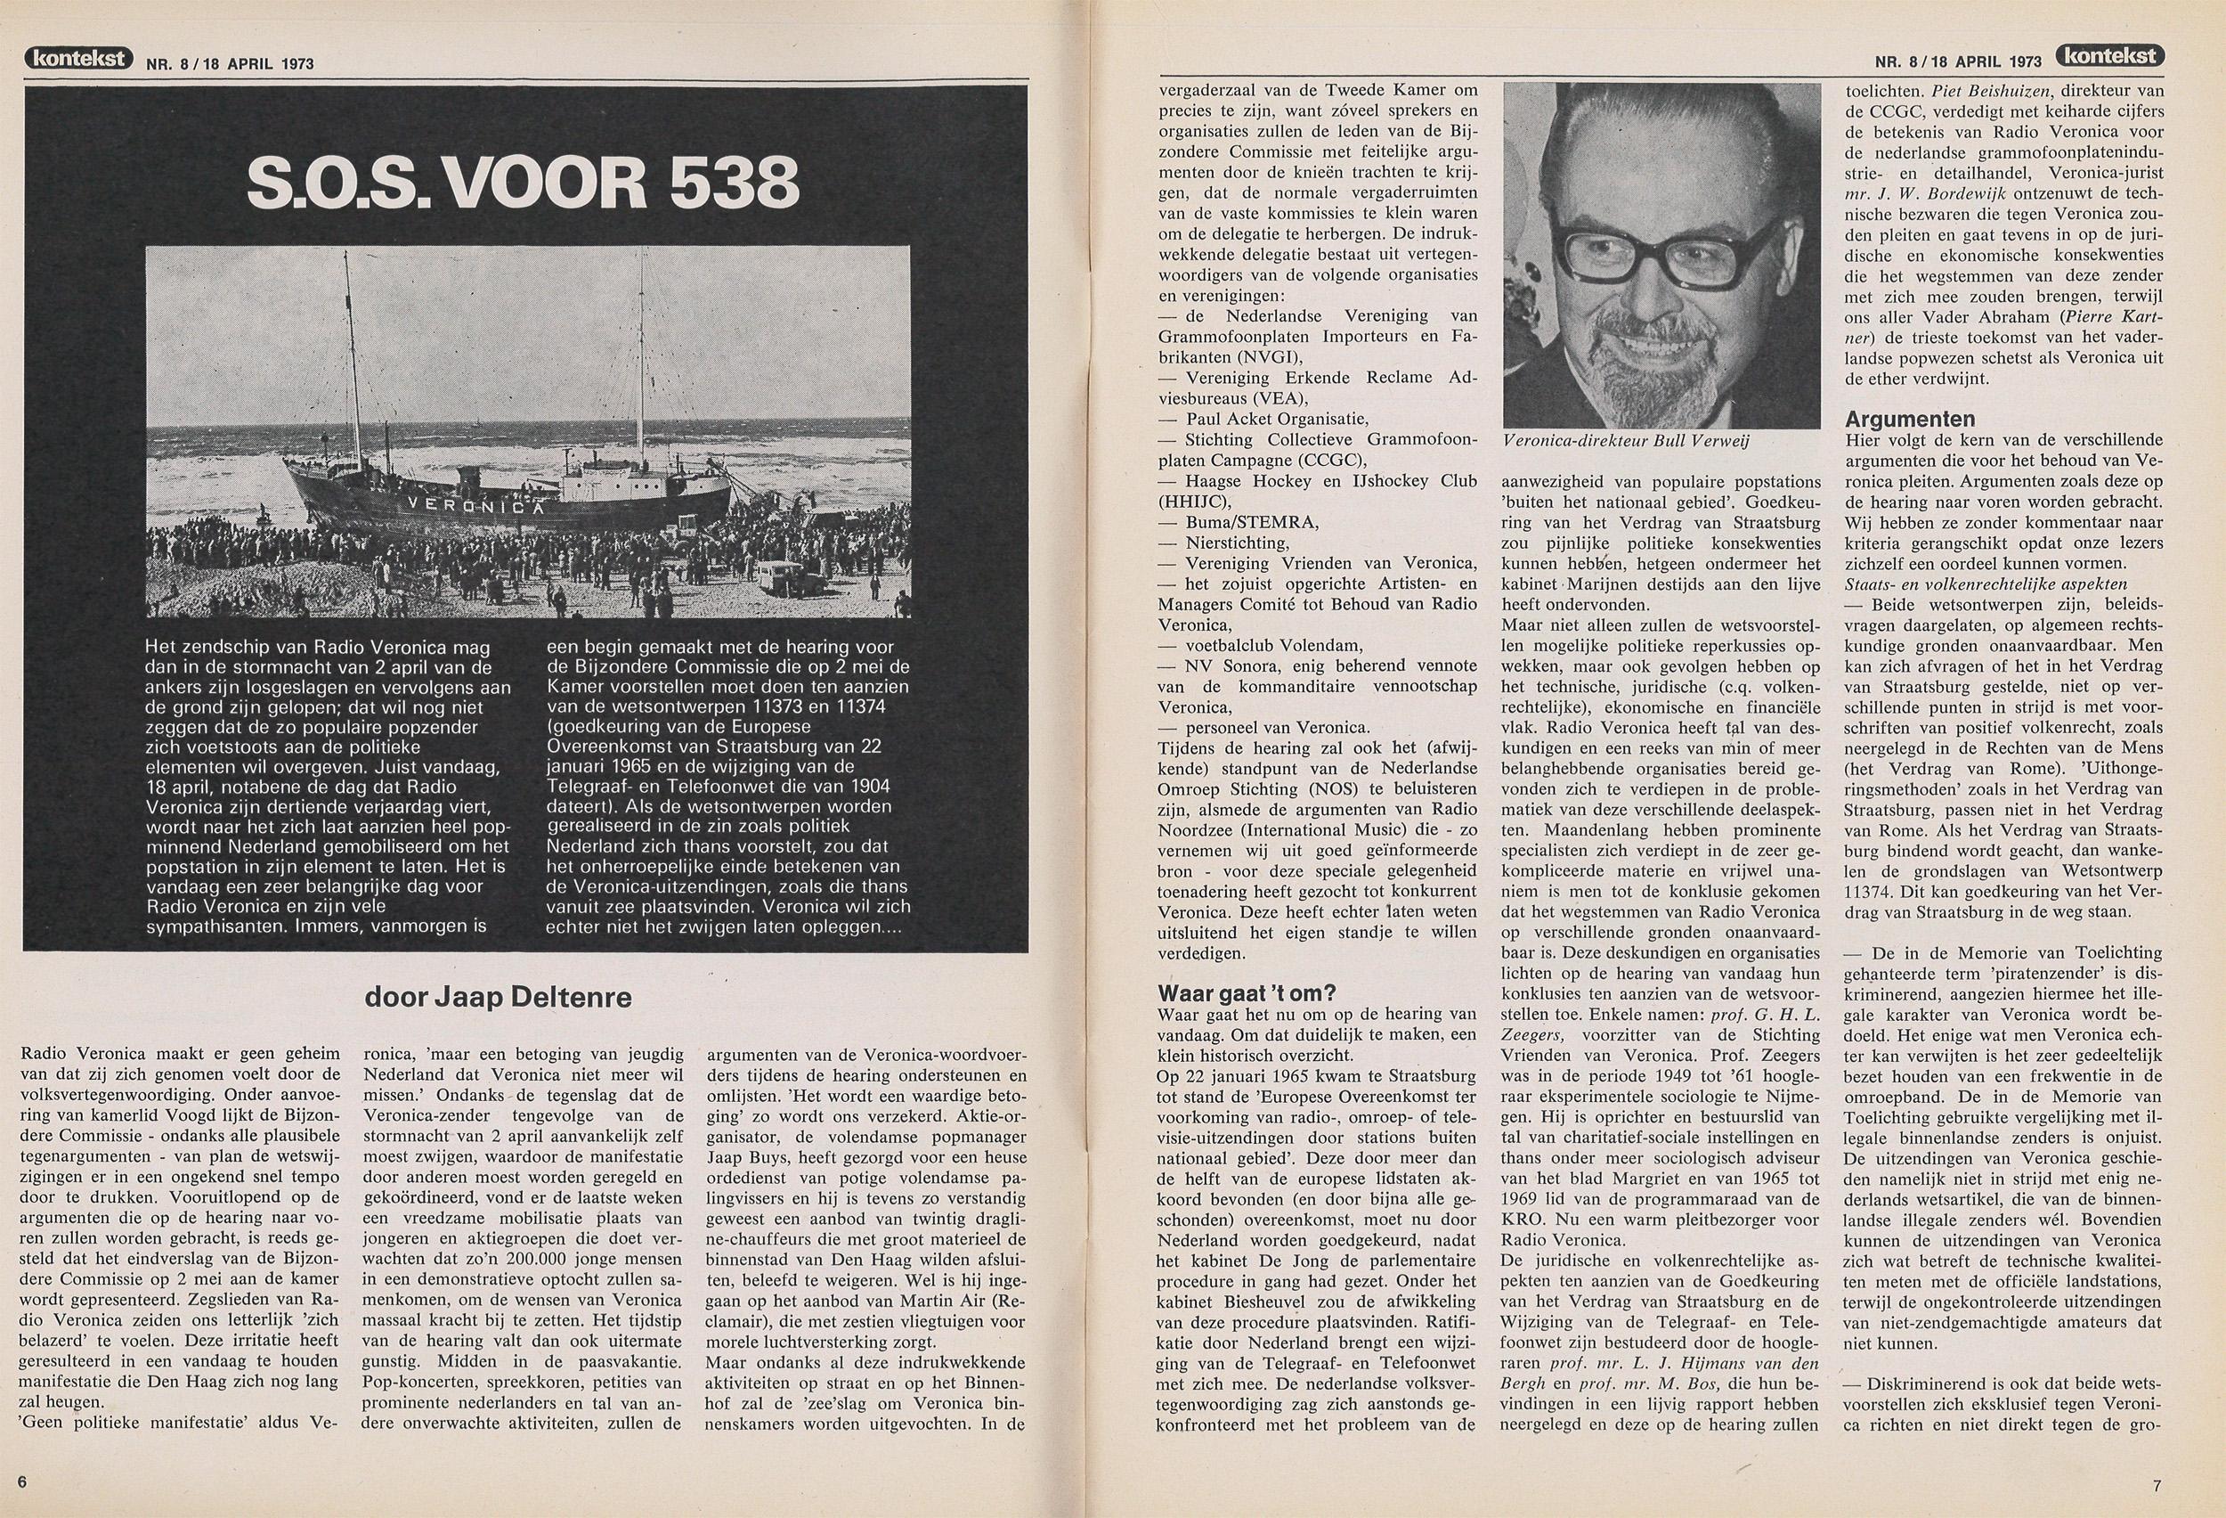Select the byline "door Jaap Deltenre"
499,998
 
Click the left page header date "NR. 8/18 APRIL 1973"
230,64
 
